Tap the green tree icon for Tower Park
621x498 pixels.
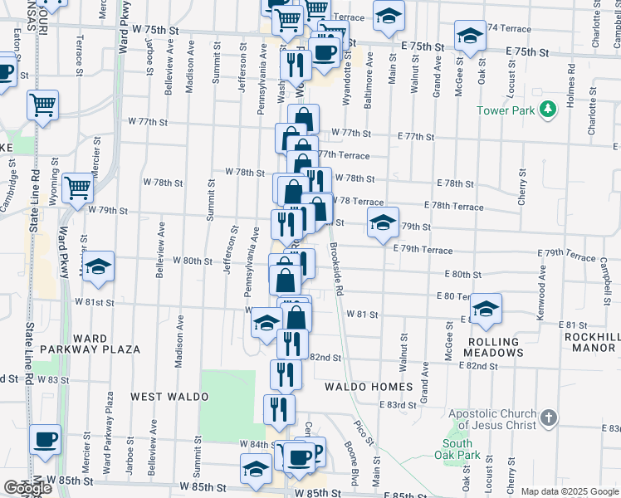coord(547,110)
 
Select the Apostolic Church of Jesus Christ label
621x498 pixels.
coord(493,420)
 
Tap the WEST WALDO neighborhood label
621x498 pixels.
coord(169,398)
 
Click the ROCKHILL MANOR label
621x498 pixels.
coord(592,342)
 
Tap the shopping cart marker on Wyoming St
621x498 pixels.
coord(77,188)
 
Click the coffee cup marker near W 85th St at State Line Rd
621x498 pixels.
coord(45,439)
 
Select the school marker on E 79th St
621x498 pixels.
coord(382,222)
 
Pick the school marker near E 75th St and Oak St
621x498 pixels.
coord(470,36)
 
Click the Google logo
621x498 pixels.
coord(27,488)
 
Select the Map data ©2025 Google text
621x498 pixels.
coord(569,491)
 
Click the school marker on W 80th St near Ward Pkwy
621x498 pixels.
coord(98,266)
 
